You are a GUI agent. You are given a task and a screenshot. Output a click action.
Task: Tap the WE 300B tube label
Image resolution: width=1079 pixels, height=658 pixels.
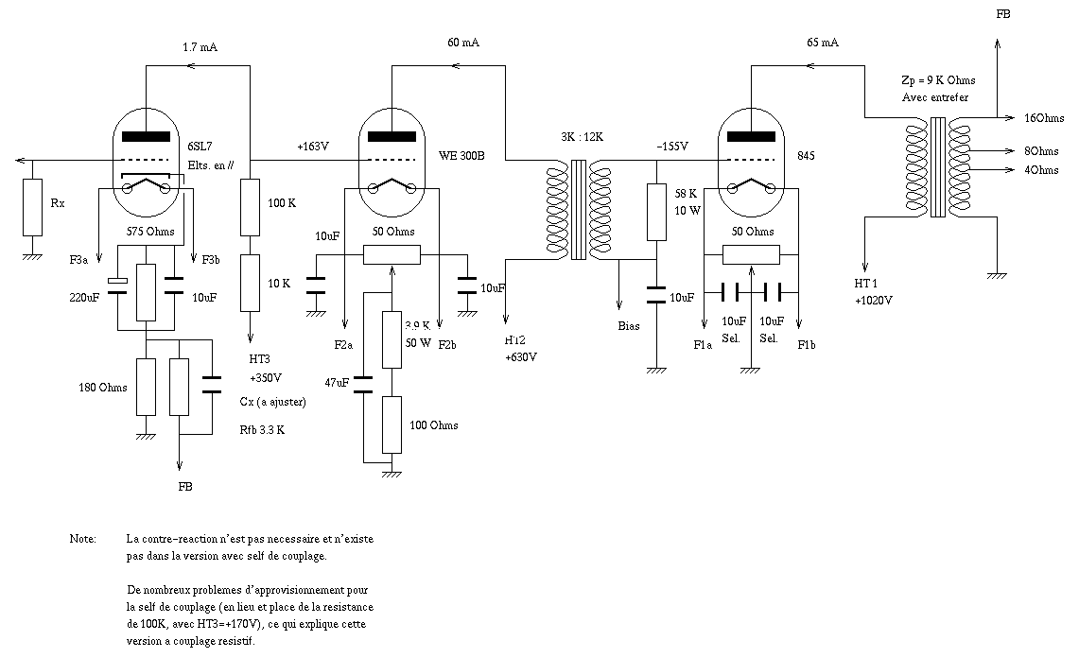(x=461, y=153)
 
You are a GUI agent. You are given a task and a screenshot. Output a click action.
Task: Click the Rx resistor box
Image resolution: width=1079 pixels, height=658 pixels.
(x=33, y=207)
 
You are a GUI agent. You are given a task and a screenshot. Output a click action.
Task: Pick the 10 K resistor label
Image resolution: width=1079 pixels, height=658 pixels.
(x=279, y=283)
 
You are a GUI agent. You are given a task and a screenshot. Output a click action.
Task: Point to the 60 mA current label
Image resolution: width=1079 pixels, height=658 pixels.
(x=464, y=43)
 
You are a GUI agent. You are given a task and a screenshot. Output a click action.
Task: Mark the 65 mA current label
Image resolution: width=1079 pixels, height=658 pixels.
(x=823, y=43)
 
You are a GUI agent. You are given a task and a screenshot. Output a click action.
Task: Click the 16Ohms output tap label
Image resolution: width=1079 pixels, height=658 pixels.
(x=1045, y=118)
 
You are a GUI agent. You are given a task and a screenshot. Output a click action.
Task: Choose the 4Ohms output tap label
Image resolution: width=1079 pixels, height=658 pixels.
(x=1041, y=170)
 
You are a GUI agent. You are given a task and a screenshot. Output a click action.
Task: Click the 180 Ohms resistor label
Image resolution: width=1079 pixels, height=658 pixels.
(x=101, y=387)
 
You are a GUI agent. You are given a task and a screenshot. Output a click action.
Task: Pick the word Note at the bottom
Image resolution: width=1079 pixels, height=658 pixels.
(x=82, y=539)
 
